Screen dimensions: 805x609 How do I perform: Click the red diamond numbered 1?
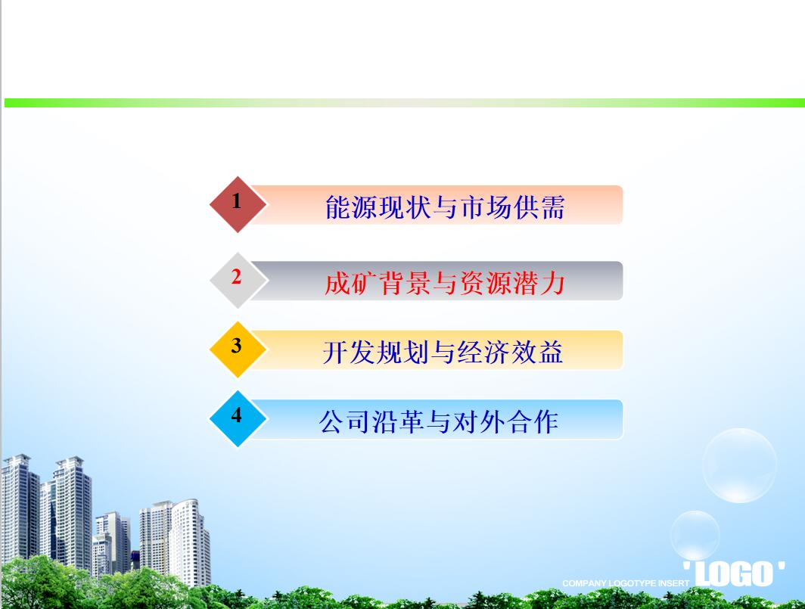(238, 204)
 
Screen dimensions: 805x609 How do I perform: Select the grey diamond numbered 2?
(238, 281)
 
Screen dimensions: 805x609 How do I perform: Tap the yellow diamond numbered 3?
(238, 350)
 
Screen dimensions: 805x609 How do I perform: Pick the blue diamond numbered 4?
(238, 418)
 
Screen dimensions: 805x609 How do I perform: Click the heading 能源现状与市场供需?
(445, 207)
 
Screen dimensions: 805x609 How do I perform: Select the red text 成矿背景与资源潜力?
(445, 283)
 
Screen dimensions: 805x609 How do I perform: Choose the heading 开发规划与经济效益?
(443, 353)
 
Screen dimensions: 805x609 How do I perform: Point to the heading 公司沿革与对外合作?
(439, 421)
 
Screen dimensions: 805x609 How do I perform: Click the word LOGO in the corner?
(734, 573)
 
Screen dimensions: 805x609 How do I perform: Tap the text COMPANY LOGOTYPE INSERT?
(625, 583)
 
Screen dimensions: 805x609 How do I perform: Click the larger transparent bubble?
(739, 465)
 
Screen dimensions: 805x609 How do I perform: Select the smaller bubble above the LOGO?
(695, 535)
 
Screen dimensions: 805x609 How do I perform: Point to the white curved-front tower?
(190, 542)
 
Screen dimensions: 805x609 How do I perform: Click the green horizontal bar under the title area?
(405, 103)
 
